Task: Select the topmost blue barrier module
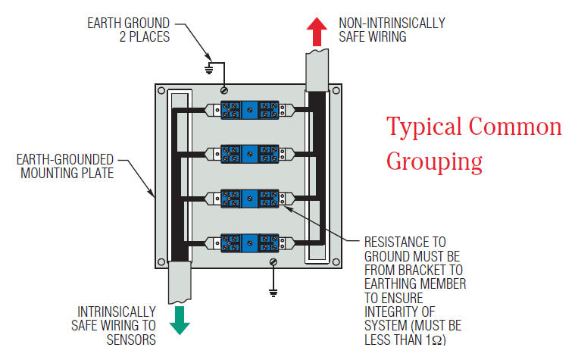(250, 111)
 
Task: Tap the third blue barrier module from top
(250, 199)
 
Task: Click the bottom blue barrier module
(250, 243)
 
